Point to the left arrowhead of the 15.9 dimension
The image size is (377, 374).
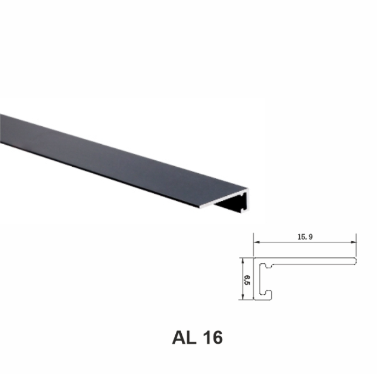point(257,242)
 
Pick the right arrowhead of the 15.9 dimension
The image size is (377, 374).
point(354,242)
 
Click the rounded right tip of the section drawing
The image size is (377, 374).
point(356,261)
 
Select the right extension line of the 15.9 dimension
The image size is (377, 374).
point(357,246)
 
